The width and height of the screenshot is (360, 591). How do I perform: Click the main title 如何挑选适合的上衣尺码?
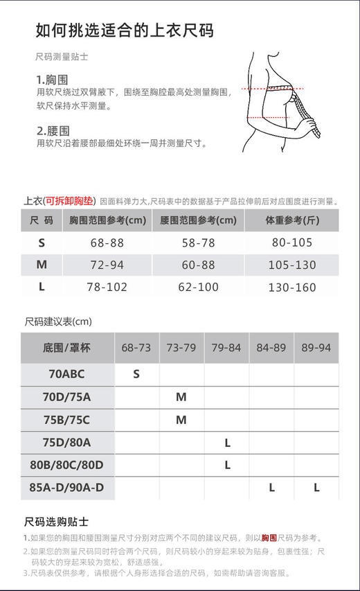click(125, 30)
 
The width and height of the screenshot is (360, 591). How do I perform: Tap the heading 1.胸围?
click(52, 80)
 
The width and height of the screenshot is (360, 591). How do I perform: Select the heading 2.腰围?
click(53, 130)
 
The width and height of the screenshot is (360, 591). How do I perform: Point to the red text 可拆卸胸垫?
click(69, 202)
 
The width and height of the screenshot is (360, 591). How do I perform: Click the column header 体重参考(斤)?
click(292, 221)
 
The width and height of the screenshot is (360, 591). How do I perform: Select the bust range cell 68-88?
click(107, 242)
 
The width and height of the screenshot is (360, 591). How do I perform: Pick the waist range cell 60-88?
click(198, 265)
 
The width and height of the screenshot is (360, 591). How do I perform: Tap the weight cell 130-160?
click(292, 287)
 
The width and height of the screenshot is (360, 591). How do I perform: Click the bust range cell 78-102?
click(107, 287)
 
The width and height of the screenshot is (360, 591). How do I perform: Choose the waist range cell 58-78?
click(198, 242)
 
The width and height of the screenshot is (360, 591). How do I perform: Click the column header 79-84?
click(226, 347)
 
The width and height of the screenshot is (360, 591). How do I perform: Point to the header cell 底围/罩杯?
click(66, 347)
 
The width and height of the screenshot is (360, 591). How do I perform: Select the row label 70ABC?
click(66, 374)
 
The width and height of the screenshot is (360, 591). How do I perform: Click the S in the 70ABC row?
click(136, 374)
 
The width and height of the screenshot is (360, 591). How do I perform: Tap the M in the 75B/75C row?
click(181, 420)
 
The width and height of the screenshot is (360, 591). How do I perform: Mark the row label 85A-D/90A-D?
click(66, 488)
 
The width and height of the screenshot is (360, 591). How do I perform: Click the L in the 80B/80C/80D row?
click(227, 465)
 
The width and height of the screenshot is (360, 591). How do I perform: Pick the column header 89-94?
click(316, 347)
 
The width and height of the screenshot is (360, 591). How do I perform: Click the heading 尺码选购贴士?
click(56, 521)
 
